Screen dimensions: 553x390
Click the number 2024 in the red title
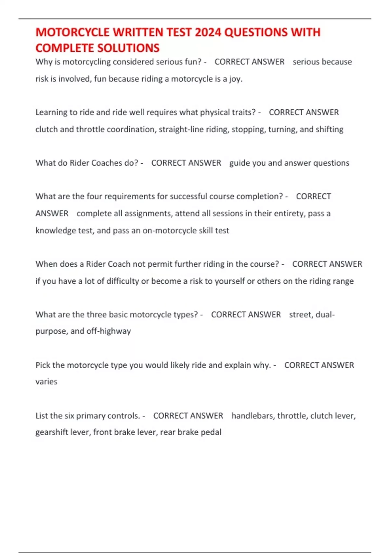[208, 33]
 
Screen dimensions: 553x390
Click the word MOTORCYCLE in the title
[72, 33]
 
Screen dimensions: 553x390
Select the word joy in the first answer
[235, 79]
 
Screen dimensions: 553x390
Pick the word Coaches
[106, 163]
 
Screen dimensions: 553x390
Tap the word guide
[240, 163]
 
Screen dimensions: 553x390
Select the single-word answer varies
[46, 382]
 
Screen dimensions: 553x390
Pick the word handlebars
[252, 416]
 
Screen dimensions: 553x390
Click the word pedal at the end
[211, 432]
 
